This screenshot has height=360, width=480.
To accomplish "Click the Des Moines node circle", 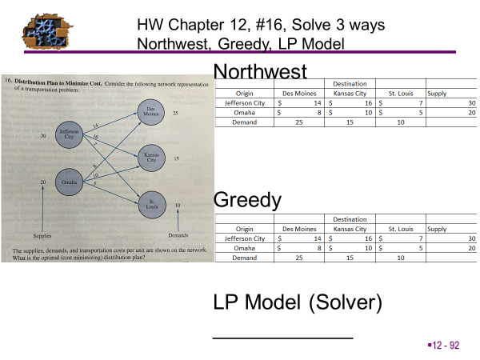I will (x=152, y=113).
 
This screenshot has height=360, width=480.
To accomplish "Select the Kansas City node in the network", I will (x=152, y=158).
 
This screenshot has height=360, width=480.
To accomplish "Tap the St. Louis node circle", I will (x=152, y=204).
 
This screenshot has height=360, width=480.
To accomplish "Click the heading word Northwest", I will (x=260, y=72).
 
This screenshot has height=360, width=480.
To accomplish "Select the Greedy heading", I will (x=248, y=200).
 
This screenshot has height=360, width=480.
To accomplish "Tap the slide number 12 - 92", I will (x=445, y=345).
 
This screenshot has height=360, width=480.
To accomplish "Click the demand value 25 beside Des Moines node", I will (x=174, y=114).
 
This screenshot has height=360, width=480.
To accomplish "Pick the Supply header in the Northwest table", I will (x=438, y=93).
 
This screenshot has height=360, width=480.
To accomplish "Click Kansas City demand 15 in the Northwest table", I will (x=350, y=122).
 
